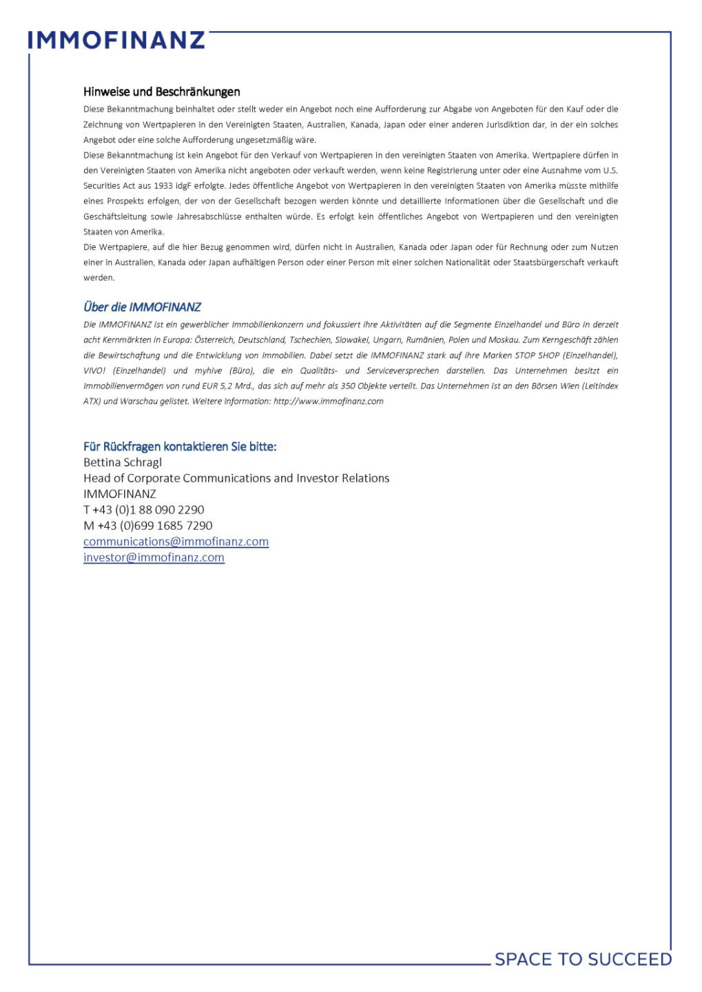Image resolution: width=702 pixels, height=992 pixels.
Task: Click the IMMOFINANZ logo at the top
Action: (116, 40)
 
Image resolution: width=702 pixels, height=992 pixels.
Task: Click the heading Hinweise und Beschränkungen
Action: (161, 92)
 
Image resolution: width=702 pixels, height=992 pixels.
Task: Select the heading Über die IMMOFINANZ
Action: (142, 307)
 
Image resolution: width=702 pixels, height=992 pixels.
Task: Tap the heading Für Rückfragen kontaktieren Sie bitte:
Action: (180, 446)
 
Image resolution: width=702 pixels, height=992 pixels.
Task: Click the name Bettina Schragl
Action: (123, 462)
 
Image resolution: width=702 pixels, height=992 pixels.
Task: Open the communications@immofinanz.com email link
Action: (176, 541)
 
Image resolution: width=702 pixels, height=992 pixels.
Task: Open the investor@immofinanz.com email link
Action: (154, 557)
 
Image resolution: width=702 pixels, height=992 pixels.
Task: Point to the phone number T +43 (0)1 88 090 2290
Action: (143, 510)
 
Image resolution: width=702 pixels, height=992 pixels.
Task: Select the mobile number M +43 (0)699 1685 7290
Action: (147, 526)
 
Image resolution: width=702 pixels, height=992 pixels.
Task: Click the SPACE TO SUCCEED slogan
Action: (583, 959)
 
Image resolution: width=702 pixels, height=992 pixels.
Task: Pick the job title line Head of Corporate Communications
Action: (236, 478)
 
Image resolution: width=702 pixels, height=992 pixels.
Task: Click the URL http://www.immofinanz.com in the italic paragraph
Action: (328, 401)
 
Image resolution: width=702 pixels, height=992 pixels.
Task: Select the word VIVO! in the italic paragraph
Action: (94, 371)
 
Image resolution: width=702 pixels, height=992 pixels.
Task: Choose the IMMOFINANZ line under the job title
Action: (119, 494)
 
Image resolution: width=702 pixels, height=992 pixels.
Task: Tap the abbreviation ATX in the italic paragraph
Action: (92, 401)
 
